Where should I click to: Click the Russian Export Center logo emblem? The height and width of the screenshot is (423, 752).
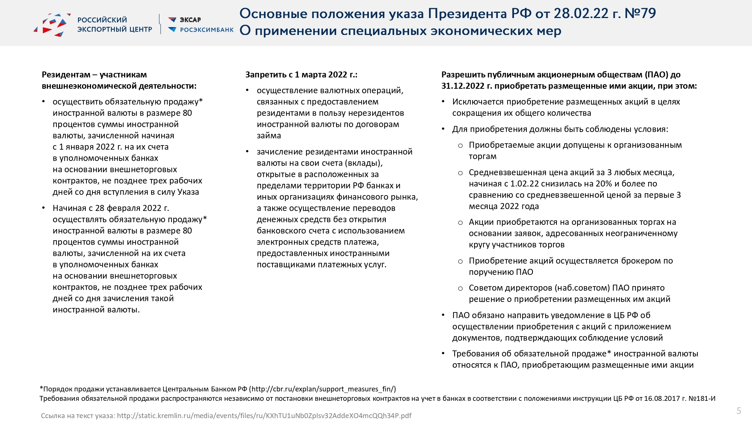[52, 25]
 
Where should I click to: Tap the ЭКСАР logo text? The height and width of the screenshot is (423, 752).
[190, 20]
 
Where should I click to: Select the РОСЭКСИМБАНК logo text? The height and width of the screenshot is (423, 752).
[207, 30]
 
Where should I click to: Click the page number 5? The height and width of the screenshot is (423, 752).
[739, 411]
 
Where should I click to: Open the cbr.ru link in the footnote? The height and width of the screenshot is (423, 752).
[322, 389]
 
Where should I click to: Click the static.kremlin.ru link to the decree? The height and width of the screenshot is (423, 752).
[264, 415]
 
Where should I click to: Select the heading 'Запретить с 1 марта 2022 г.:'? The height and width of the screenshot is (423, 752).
[301, 74]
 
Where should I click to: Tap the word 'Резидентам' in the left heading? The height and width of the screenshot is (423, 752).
[66, 74]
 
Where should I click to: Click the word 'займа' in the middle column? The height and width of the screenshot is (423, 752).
[269, 135]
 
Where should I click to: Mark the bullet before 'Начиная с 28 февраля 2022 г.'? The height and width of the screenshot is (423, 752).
[44, 208]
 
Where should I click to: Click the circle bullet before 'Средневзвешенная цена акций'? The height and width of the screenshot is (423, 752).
[460, 173]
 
